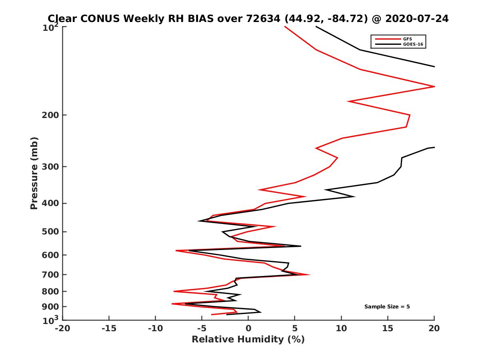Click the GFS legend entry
408,39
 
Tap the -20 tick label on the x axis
62,328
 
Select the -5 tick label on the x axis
202,328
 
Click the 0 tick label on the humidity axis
248,328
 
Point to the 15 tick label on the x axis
388,328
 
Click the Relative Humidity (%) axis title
248,340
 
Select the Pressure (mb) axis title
34,173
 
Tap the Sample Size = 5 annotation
387,307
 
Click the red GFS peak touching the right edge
434,86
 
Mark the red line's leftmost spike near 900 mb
173,304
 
